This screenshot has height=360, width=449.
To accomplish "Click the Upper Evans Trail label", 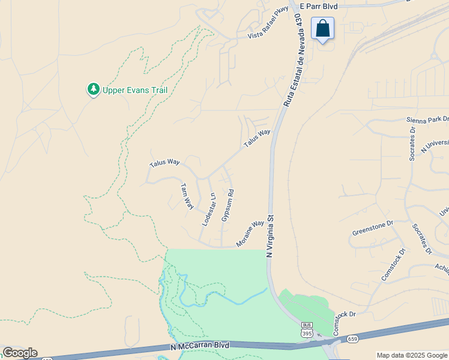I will [x=134, y=90].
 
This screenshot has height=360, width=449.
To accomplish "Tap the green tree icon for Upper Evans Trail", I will [x=93, y=89].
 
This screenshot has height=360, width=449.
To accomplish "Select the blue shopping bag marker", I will [x=322, y=28].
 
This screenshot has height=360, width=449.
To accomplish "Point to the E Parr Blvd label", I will [x=319, y=6].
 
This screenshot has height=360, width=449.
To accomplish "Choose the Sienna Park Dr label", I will [x=427, y=119].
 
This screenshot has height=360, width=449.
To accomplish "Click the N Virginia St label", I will [x=270, y=236].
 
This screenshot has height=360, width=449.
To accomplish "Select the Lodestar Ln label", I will [x=208, y=209].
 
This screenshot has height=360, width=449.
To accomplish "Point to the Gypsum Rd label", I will [x=228, y=206].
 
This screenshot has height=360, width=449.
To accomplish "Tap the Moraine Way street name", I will [x=250, y=233].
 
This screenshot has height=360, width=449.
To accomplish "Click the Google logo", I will [x=20, y=353].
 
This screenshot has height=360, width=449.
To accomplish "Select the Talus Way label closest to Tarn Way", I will [x=164, y=162].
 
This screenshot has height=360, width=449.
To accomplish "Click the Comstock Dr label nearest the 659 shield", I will [x=345, y=314].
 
